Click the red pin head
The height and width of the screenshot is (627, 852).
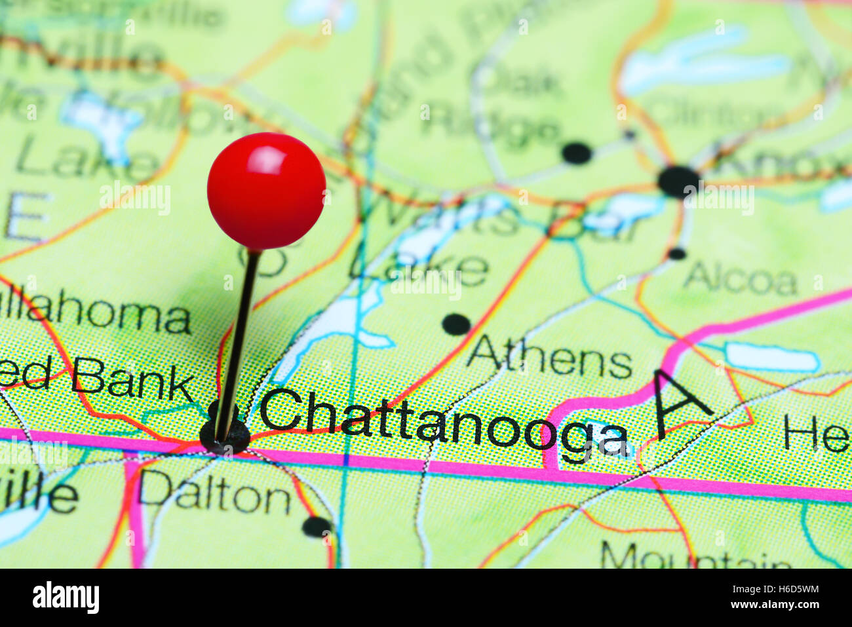click(x=266, y=191)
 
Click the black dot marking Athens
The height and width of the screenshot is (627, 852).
click(x=455, y=324)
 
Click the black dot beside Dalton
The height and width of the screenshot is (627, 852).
click(x=317, y=526)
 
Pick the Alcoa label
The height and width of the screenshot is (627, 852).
click(x=740, y=280)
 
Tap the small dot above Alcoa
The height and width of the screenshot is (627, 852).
click(x=676, y=254)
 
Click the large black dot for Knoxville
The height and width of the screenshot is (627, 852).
click(x=678, y=181)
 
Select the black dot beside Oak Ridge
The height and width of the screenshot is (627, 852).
click(x=576, y=153)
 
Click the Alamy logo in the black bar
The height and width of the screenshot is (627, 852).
click(x=66, y=598)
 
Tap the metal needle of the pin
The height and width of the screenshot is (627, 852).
click(x=237, y=341)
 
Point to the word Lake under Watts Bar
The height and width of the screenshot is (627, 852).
click(x=419, y=267)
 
